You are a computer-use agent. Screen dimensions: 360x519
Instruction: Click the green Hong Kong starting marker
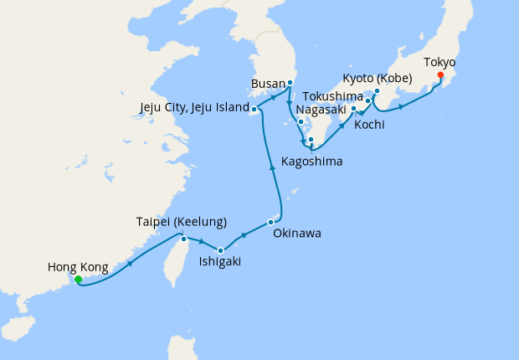pyautogui.click(x=78, y=280)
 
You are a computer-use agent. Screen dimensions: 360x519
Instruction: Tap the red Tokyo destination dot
pyautogui.click(x=440, y=75)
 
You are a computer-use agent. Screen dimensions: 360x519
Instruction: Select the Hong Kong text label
pyautogui.click(x=78, y=268)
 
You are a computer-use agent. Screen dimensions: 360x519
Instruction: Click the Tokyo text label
pyautogui.click(x=439, y=62)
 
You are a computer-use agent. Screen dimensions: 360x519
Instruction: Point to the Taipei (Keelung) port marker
pyautogui.click(x=183, y=239)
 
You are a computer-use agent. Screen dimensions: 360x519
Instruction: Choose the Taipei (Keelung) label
pyautogui.click(x=182, y=222)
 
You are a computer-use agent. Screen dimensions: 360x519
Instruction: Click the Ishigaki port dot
pyautogui.click(x=220, y=250)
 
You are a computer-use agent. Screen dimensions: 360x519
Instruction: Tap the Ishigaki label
pyautogui.click(x=220, y=262)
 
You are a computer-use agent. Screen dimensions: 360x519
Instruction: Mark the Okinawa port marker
pyautogui.click(x=270, y=222)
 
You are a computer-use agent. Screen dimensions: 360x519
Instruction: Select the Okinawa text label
pyautogui.click(x=297, y=234)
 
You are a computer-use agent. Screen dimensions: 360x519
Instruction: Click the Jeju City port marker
pyautogui.click(x=254, y=109)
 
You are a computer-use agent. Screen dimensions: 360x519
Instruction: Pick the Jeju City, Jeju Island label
pyautogui.click(x=196, y=108)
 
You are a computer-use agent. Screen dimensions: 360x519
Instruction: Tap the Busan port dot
pyautogui.click(x=290, y=83)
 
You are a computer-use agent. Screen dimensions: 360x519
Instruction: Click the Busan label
pyautogui.click(x=268, y=84)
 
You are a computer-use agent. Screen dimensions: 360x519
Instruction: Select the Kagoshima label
pyautogui.click(x=311, y=161)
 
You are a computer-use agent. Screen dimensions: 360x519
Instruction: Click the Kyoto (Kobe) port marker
pyautogui.click(x=377, y=90)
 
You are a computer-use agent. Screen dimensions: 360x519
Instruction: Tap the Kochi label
pyautogui.click(x=369, y=126)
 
